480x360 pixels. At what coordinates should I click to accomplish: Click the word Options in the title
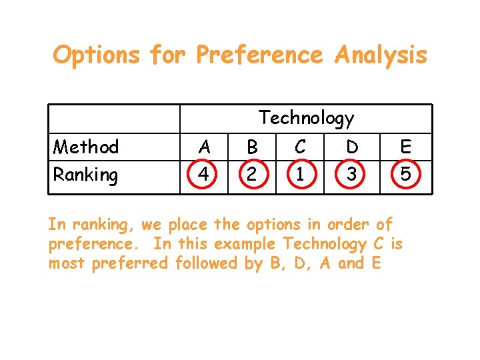[x=96, y=55]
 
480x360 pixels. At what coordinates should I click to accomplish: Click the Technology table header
[x=306, y=119]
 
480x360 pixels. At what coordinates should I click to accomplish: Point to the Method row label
[x=86, y=146]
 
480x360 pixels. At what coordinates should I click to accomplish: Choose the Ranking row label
[x=86, y=175]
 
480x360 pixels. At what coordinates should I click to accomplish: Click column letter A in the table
[x=205, y=146]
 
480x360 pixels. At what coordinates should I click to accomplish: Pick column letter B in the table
[x=252, y=146]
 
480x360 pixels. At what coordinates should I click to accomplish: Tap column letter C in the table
[x=300, y=146]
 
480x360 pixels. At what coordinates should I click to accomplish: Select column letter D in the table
[x=351, y=146]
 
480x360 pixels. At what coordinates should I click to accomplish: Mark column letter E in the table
[x=405, y=146]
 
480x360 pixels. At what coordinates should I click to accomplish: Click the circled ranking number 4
[x=205, y=175]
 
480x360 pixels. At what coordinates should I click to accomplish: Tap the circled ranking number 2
[x=252, y=175]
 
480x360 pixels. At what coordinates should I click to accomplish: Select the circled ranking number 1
[x=300, y=175]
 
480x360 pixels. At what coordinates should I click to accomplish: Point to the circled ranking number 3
[x=351, y=175]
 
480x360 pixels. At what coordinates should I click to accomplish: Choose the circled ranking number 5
[x=405, y=175]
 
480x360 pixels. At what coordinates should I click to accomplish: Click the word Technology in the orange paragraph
[x=325, y=244]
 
